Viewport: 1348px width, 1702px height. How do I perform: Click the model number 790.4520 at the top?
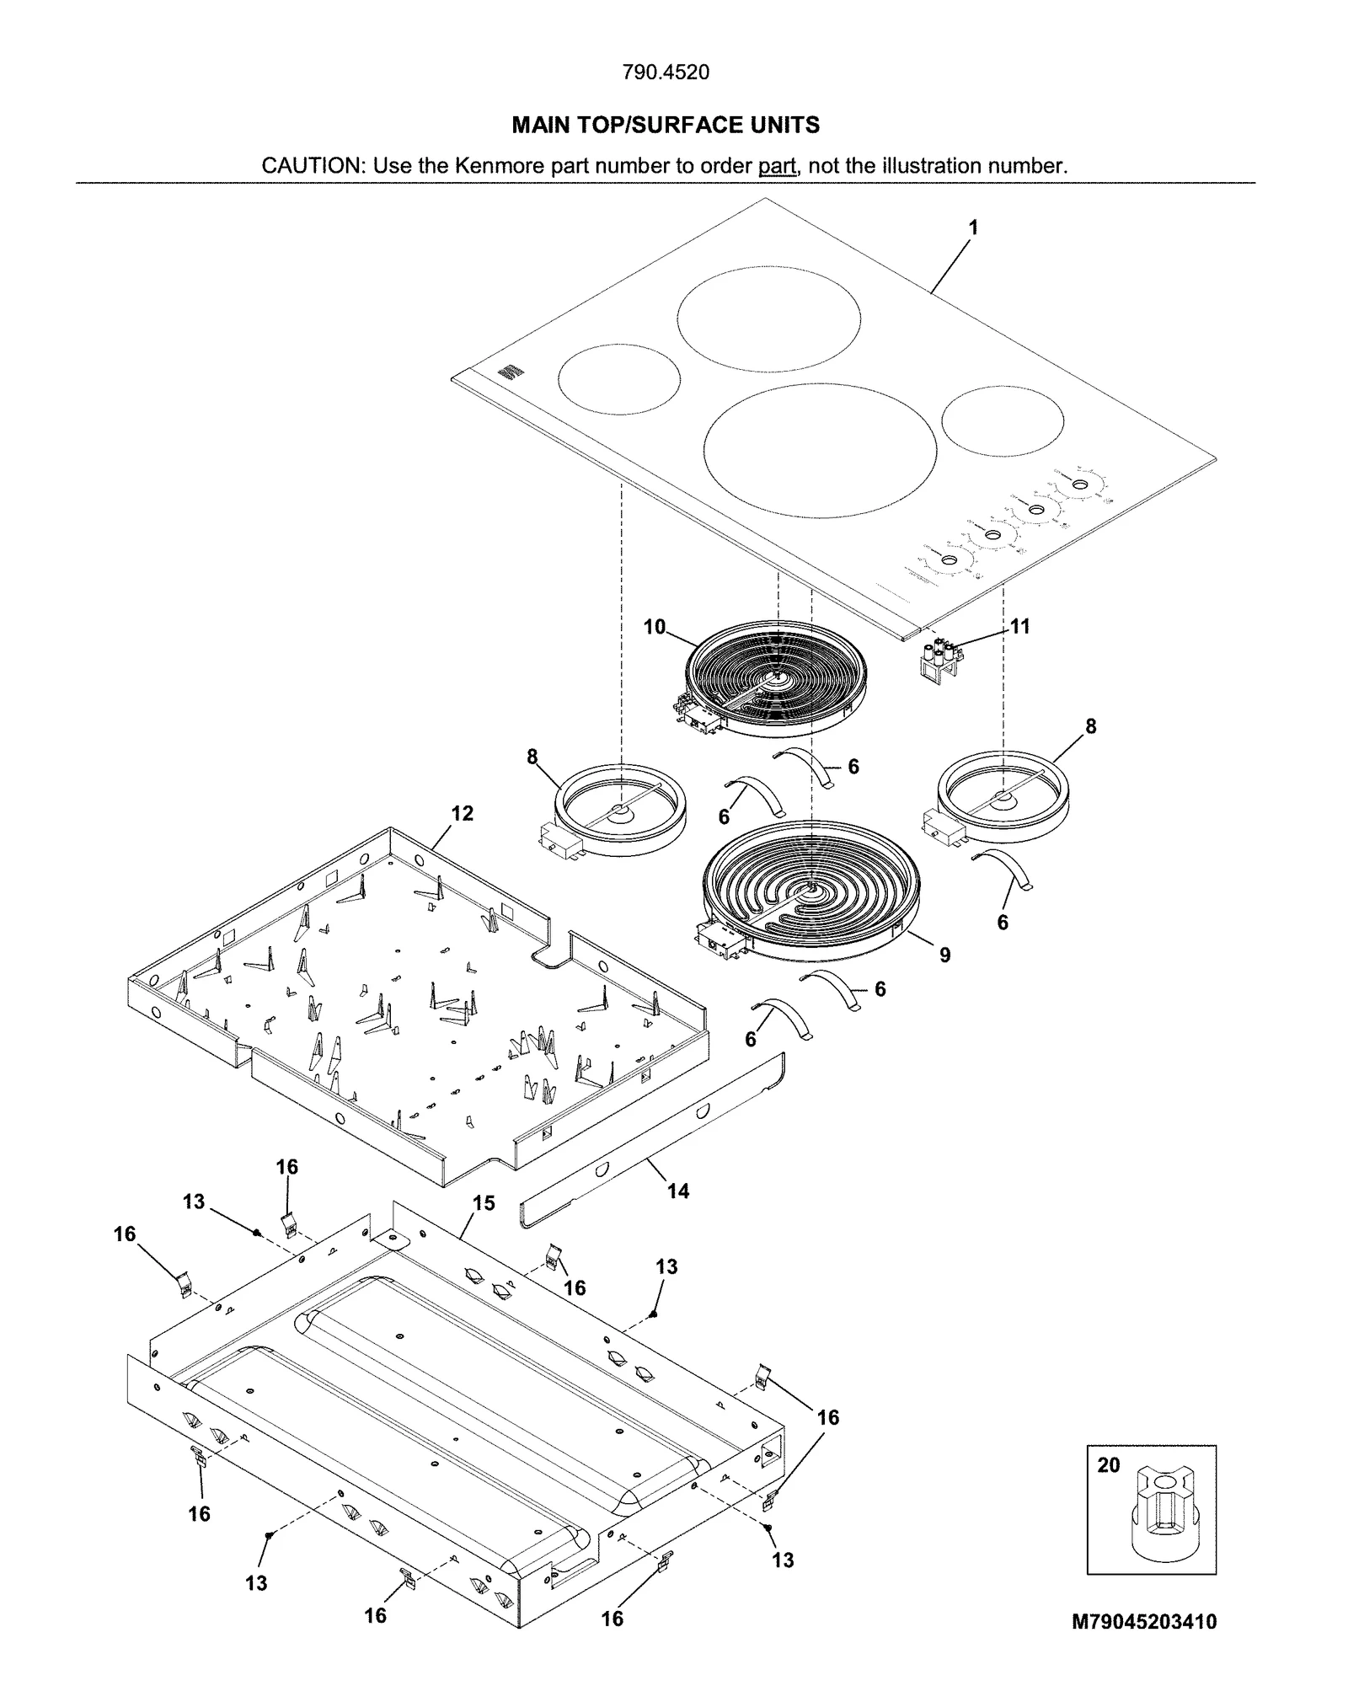click(x=665, y=72)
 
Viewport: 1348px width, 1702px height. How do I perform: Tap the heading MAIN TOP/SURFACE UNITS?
click(x=666, y=126)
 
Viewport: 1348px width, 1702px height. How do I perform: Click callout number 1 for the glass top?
click(x=973, y=227)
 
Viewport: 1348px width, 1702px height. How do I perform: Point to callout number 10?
click(x=654, y=627)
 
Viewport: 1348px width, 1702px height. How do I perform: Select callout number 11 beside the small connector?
click(x=1019, y=626)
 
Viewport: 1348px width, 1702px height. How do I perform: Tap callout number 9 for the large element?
click(x=944, y=955)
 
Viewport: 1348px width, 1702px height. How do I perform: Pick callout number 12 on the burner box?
click(x=462, y=813)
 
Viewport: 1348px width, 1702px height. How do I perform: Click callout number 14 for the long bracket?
click(x=678, y=1191)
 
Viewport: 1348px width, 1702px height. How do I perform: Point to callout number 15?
click(x=484, y=1203)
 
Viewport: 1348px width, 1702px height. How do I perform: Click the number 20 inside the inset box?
click(x=1109, y=1464)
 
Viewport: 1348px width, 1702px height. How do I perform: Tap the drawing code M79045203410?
click(x=1143, y=1621)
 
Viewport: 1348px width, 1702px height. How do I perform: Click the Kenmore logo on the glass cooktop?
click(x=508, y=372)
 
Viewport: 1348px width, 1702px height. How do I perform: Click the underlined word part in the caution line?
click(x=777, y=166)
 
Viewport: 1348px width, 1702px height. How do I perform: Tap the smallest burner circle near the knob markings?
click(x=1002, y=421)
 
